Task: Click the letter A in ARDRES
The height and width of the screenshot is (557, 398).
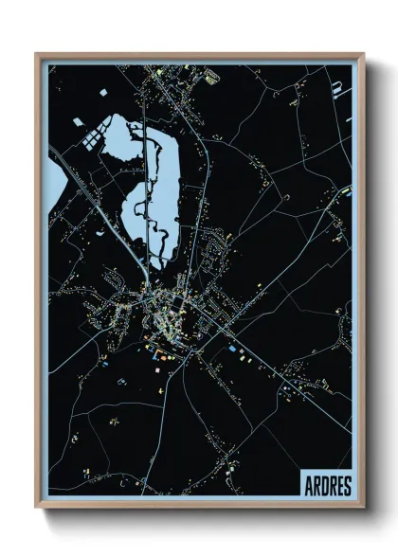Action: click(309, 486)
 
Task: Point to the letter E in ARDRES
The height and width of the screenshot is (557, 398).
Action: click(340, 486)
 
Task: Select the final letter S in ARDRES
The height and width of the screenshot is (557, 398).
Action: click(348, 486)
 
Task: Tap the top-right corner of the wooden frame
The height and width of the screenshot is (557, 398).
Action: click(364, 55)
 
